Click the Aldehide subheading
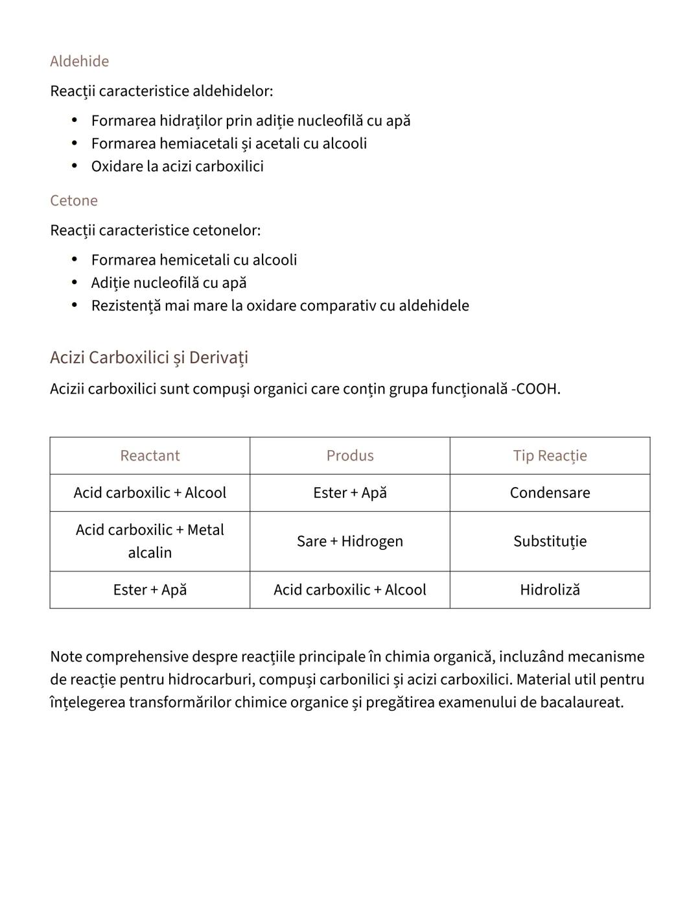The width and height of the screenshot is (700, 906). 79,61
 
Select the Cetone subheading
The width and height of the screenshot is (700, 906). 73,200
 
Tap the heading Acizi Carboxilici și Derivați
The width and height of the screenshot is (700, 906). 148,357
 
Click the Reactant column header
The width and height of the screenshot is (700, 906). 150,455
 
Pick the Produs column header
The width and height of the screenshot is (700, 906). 350,455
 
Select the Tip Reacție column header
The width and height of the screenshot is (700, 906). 550,455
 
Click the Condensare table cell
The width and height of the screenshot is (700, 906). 550,492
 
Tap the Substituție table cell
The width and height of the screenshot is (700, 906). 550,541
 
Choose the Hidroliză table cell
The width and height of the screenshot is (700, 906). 550,590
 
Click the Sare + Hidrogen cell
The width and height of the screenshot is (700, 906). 350,541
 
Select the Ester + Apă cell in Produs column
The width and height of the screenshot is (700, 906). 350,492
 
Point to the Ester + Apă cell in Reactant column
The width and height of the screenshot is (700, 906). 150,590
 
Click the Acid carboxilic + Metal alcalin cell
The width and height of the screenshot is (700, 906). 150,541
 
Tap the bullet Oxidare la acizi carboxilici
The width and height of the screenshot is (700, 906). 177,166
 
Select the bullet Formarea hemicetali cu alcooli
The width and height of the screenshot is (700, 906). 194,260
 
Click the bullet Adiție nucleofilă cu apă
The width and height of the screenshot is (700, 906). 169,283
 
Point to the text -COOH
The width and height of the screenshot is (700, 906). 536,389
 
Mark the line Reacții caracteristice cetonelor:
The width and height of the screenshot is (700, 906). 155,230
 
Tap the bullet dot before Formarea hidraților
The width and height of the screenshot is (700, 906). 75,121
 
